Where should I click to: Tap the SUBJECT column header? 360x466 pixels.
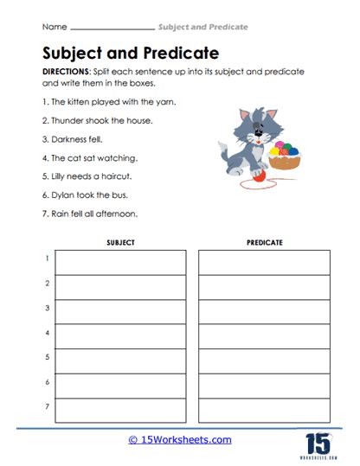120,243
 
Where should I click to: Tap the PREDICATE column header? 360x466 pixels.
264,243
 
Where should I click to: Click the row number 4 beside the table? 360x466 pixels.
47,332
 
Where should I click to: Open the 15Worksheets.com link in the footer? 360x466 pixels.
180,440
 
